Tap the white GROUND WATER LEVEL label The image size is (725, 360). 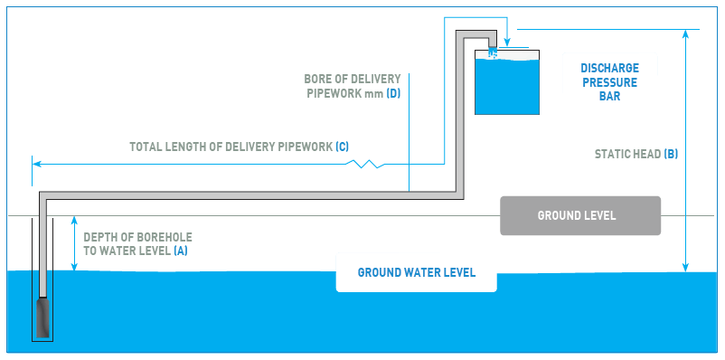click(x=416, y=272)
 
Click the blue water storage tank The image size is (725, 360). click(x=507, y=83)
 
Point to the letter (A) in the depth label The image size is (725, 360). click(x=181, y=251)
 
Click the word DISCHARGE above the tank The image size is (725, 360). click(x=609, y=68)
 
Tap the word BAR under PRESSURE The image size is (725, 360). click(x=609, y=96)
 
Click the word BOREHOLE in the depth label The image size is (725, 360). click(x=168, y=237)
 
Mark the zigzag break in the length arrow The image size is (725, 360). click(x=370, y=164)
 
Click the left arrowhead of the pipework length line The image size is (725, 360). click(x=36, y=164)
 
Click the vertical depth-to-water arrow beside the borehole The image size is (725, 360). click(x=74, y=244)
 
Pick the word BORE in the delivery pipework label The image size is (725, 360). click(x=317, y=78)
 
